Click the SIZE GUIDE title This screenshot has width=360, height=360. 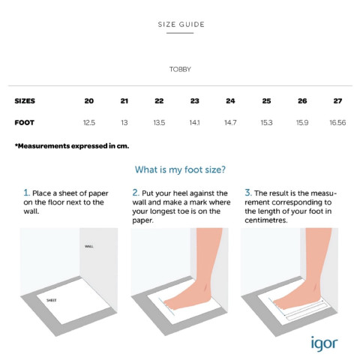pyautogui.click(x=181, y=25)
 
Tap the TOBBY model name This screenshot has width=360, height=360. pyautogui.click(x=180, y=69)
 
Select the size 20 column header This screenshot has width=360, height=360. pyautogui.click(x=89, y=101)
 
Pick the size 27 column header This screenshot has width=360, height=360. pyautogui.click(x=337, y=101)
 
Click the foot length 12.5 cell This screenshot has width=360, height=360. pyautogui.click(x=89, y=123)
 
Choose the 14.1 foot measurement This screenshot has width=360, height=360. pyautogui.click(x=194, y=123)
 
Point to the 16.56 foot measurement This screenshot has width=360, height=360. pyautogui.click(x=337, y=123)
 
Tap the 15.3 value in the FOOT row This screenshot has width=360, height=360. pyautogui.click(x=266, y=123)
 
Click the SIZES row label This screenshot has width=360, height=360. pyautogui.click(x=25, y=101)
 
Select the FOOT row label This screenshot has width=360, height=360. pyautogui.click(x=25, y=123)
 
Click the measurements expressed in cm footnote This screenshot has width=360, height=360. pyautogui.click(x=72, y=146)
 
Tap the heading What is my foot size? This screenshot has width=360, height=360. pyautogui.click(x=180, y=169)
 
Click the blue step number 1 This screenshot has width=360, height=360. pyautogui.click(x=26, y=193)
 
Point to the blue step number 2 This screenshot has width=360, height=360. pyautogui.click(x=136, y=193)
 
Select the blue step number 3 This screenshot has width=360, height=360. pyautogui.click(x=248, y=193)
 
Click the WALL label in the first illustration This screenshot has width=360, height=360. pyautogui.click(x=89, y=247)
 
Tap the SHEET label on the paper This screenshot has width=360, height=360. pyautogui.click(x=52, y=300)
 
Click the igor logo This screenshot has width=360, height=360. pyautogui.click(x=325, y=344)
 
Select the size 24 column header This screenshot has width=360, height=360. pyautogui.click(x=230, y=101)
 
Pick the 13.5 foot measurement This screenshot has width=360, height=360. pyautogui.click(x=159, y=123)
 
